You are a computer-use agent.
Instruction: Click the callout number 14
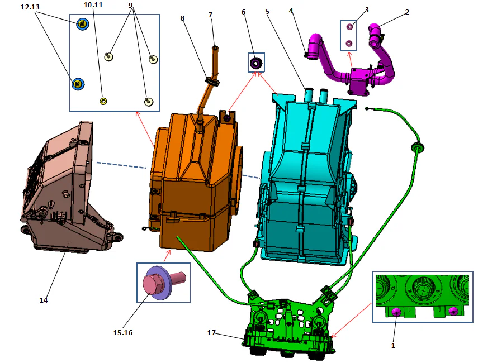click(x=44, y=300)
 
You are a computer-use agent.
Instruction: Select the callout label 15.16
click(x=123, y=333)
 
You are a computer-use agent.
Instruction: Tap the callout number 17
click(x=211, y=333)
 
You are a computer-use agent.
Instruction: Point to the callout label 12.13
click(x=31, y=7)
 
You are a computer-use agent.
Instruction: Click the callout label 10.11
click(x=93, y=4)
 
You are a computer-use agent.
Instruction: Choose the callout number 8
click(x=182, y=18)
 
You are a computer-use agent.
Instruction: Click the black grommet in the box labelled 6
click(x=256, y=63)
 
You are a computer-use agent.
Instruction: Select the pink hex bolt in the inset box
click(x=153, y=284)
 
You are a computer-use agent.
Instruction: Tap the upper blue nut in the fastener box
click(x=83, y=24)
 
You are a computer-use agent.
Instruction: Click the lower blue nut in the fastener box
click(x=78, y=84)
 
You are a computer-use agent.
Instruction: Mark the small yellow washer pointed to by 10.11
click(x=103, y=101)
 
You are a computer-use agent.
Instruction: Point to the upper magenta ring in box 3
click(x=350, y=27)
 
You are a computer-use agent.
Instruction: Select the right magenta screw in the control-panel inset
click(x=453, y=311)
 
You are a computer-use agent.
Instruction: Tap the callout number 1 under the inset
click(x=393, y=346)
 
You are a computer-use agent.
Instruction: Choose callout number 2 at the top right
click(x=407, y=12)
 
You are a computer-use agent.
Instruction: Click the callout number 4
click(x=291, y=11)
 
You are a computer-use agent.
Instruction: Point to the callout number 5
click(x=267, y=11)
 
